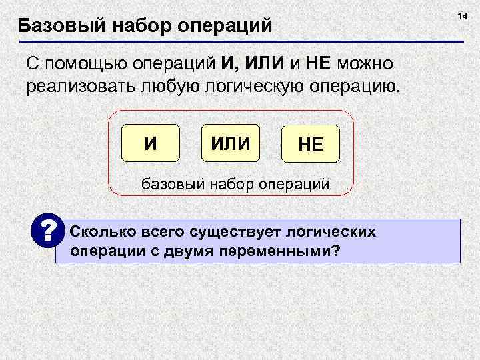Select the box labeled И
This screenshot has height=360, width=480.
[151, 143]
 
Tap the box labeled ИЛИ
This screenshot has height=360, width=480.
[231, 143]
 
